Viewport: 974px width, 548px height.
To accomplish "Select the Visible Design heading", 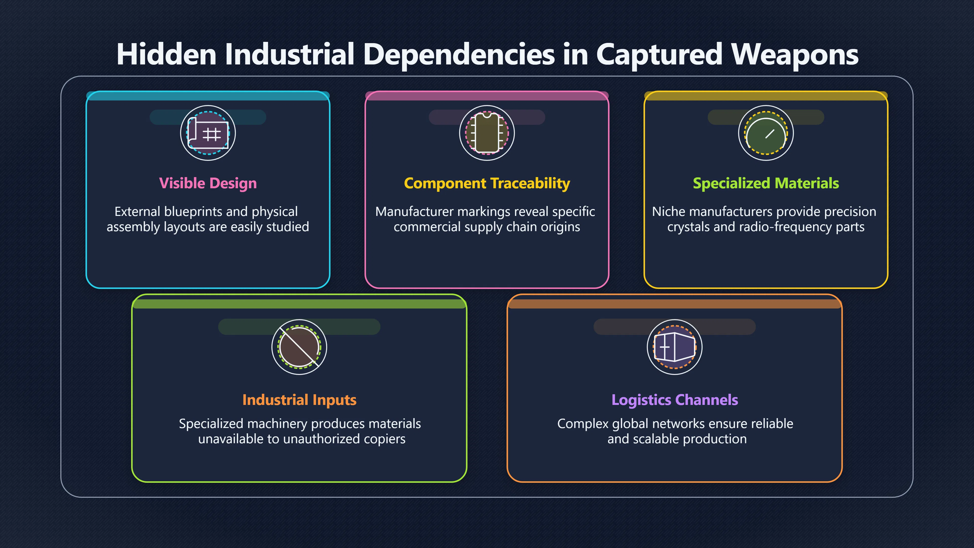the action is pyautogui.click(x=208, y=183).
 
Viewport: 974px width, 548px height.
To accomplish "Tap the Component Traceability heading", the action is pyautogui.click(x=487, y=183).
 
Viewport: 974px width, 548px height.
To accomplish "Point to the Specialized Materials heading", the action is pyautogui.click(x=766, y=183).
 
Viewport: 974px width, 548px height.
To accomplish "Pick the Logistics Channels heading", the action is pyautogui.click(x=674, y=400).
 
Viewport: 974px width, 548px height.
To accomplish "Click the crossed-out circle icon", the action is pyautogui.click(x=299, y=347).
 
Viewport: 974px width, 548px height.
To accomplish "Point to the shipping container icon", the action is pyautogui.click(x=674, y=347).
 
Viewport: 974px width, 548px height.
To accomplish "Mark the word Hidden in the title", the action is pyautogui.click(x=166, y=55).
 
